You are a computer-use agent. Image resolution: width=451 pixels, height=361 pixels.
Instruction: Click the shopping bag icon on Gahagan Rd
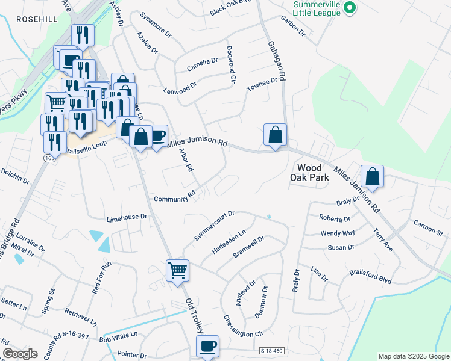pos(275,135)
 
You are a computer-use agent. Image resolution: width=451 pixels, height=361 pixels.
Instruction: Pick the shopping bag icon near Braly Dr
pos(372,176)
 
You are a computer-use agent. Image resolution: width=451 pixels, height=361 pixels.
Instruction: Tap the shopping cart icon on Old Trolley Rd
pos(178,270)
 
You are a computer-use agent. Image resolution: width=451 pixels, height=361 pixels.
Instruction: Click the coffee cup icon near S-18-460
pos(207,346)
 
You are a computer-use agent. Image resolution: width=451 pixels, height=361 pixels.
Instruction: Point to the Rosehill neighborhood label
pos(37,19)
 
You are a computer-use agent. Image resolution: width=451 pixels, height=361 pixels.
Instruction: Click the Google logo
pos(20,354)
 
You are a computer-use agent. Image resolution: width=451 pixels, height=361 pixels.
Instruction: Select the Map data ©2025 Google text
pos(413,356)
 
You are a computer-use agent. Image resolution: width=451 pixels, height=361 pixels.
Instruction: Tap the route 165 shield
pos(48,157)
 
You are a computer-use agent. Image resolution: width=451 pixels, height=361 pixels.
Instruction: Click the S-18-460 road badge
pos(271,350)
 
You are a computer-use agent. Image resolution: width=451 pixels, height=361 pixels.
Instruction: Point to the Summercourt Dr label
pos(213,226)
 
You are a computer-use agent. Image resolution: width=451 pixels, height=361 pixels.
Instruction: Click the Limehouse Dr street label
pos(127,217)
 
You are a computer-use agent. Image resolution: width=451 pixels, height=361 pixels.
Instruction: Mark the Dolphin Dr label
pos(15,175)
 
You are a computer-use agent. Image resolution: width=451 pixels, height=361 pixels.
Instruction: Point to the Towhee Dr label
pos(262,84)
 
